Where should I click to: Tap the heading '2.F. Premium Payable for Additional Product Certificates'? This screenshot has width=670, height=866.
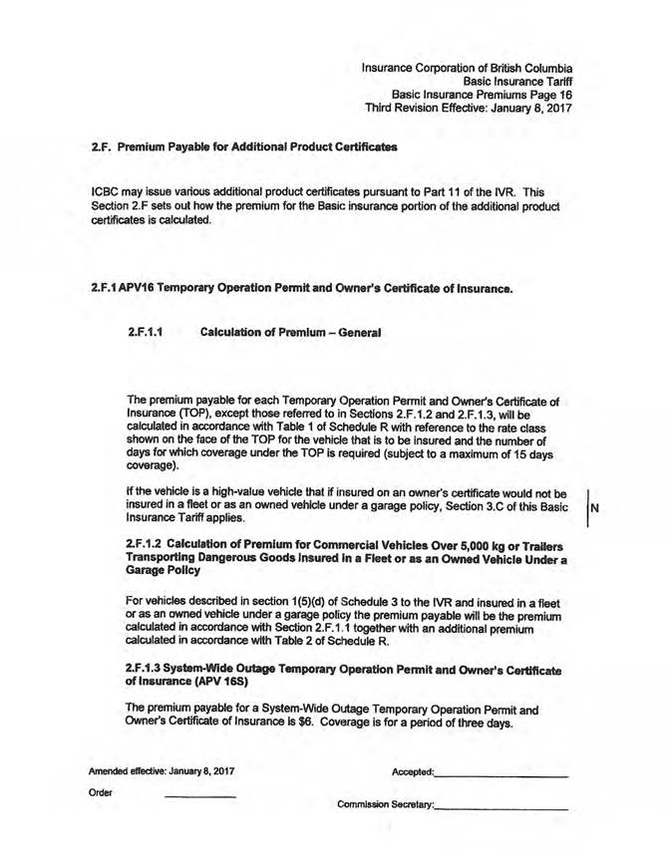click(x=236, y=146)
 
